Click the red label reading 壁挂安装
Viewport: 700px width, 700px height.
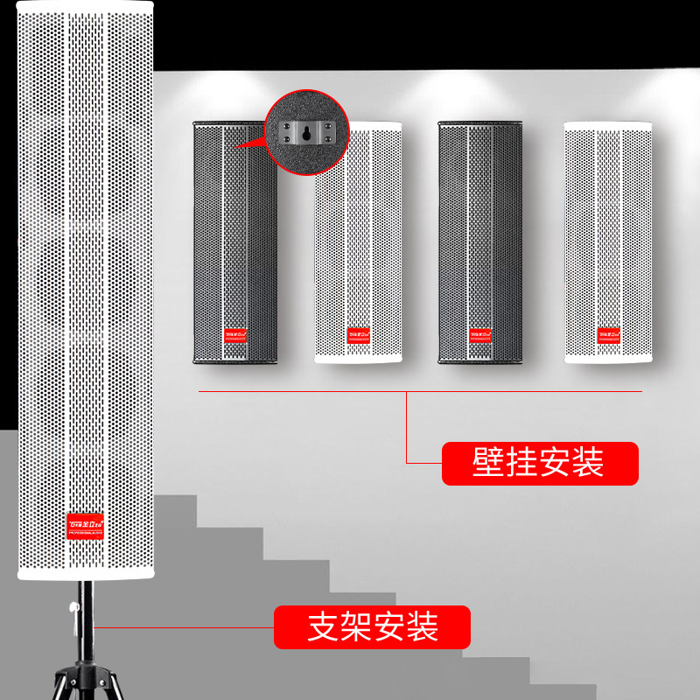(x=539, y=464)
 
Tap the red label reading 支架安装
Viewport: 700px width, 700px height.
(x=373, y=627)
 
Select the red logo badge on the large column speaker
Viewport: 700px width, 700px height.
(x=86, y=524)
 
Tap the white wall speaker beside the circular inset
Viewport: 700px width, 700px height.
(x=358, y=254)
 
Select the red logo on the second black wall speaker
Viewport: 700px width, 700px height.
(x=480, y=333)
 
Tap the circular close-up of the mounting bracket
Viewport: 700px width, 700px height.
(x=307, y=135)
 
